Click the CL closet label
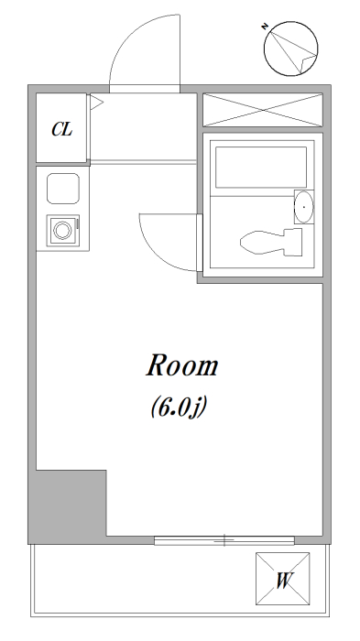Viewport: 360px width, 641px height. pos(61,130)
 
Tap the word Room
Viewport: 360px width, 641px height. pos(182,365)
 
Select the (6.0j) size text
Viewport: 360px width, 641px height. pos(178,407)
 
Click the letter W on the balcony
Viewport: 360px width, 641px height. pos(283,581)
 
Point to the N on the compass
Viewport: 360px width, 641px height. pos(265,27)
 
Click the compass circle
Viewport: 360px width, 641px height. pos(264,49)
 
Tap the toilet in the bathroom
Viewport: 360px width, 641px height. pos(271,243)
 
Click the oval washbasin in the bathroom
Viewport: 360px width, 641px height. pos(304,207)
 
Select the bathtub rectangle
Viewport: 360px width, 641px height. pos(261,168)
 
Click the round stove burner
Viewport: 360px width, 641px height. pos(62,230)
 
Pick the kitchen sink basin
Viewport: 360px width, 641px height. pos(63,189)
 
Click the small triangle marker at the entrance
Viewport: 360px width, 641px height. pos(96,103)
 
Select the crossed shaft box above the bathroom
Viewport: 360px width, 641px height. pos(263,110)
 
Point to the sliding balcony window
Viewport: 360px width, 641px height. pos(224,540)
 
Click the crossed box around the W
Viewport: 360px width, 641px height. pos(283,579)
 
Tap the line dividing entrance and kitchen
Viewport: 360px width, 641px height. pos(143,163)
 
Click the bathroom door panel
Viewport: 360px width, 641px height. pos(200,243)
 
